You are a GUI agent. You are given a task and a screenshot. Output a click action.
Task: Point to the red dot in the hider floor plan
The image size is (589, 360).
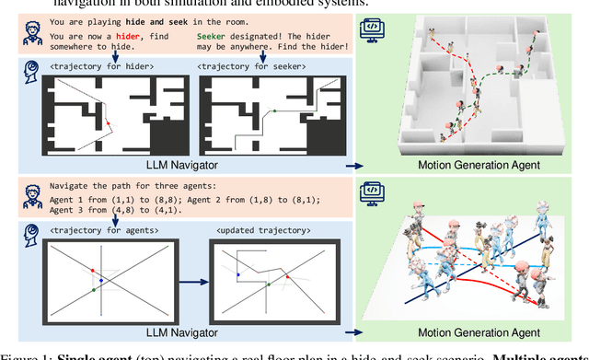107,122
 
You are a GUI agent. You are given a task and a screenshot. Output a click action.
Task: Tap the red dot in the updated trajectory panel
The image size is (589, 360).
287,274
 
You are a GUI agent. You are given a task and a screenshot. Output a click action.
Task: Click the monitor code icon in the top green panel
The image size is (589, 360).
375,27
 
